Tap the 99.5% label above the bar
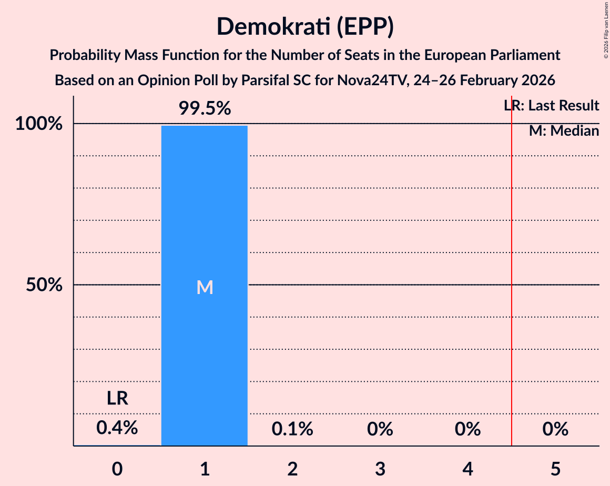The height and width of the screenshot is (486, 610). pyautogui.click(x=205, y=108)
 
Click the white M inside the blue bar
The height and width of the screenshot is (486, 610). pyautogui.click(x=205, y=287)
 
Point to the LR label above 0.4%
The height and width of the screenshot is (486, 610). pyautogui.click(x=117, y=399)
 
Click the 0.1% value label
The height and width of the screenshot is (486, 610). pyautogui.click(x=292, y=429)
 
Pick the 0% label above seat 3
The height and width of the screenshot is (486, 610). pyautogui.click(x=380, y=429)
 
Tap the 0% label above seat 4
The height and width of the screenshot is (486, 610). pyautogui.click(x=468, y=429)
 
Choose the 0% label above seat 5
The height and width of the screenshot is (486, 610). pyautogui.click(x=556, y=429)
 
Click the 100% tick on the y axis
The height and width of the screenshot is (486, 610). pyautogui.click(x=39, y=124)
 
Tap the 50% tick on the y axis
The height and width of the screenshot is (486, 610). pyautogui.click(x=44, y=285)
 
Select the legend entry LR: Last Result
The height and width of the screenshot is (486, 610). pyautogui.click(x=551, y=106)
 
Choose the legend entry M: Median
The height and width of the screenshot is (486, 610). pyautogui.click(x=564, y=131)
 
